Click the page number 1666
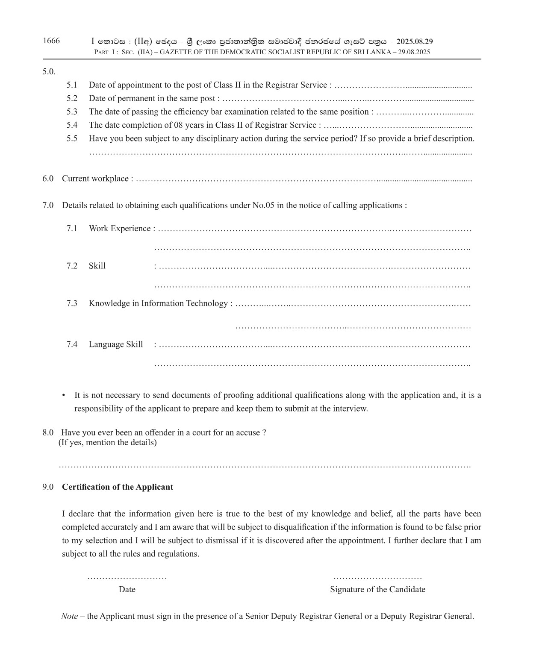point(51,41)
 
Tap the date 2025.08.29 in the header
point(415,41)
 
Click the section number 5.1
point(72,85)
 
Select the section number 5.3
point(72,112)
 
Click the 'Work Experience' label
point(120,229)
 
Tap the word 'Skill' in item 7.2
point(97,266)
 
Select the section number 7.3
point(72,303)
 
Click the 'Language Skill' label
point(116,344)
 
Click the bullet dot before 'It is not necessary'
point(64,395)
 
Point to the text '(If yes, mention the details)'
point(108,442)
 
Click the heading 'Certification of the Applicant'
point(118,487)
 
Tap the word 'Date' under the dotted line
point(127,590)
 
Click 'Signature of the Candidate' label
point(377,590)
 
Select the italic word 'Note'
point(69,616)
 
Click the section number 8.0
point(47,432)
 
